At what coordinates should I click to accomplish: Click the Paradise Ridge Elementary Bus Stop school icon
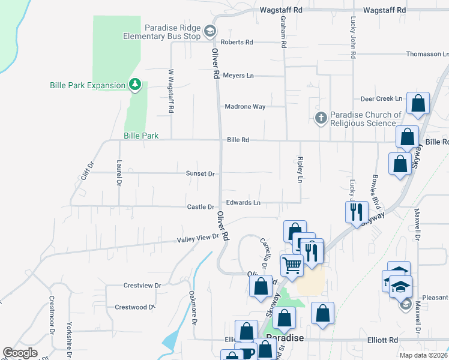209,31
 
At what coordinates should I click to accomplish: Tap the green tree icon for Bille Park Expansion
136,85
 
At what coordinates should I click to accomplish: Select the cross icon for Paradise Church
322,118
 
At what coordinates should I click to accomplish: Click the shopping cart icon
292,265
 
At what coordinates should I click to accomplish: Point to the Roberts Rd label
237,42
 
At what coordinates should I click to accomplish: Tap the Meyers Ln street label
238,76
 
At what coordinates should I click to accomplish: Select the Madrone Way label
245,107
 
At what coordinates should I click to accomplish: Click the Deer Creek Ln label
381,98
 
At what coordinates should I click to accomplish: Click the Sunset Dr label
200,173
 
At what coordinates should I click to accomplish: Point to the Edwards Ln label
243,203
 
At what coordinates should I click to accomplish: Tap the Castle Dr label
200,207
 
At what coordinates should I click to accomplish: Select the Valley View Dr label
197,239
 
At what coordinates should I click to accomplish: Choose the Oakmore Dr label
193,308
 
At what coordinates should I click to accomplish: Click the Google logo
20,353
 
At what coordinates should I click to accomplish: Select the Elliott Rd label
384,340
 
